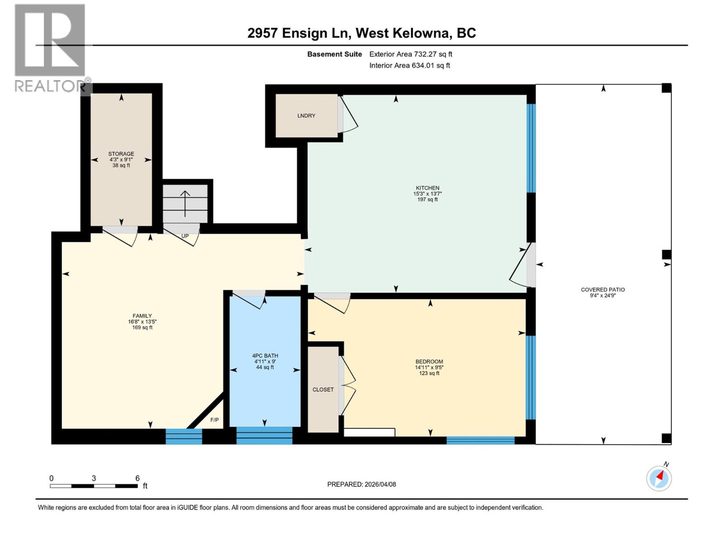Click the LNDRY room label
pyautogui.click(x=306, y=116)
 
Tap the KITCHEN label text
pyautogui.click(x=428, y=188)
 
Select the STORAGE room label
pyautogui.click(x=121, y=154)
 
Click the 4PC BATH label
pyautogui.click(x=265, y=356)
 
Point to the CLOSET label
pyautogui.click(x=323, y=390)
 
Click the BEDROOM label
pyautogui.click(x=429, y=362)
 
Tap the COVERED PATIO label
pyautogui.click(x=603, y=290)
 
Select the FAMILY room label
pyautogui.click(x=142, y=316)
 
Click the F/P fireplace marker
pyautogui.click(x=214, y=420)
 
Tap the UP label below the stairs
pyautogui.click(x=185, y=236)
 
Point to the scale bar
pyautogui.click(x=94, y=486)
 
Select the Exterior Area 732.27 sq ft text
pyautogui.click(x=410, y=54)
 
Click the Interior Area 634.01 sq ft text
pyautogui.click(x=410, y=66)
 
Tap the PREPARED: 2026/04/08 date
pyautogui.click(x=362, y=484)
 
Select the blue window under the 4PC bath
pyautogui.click(x=264, y=436)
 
